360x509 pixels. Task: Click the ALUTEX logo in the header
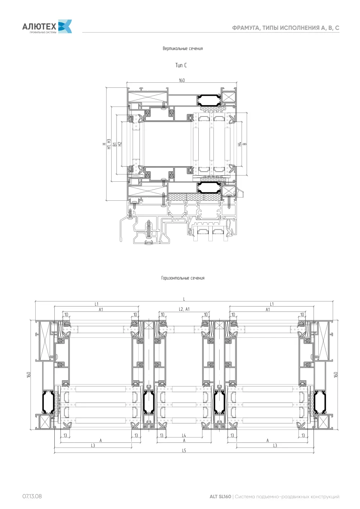click(47, 27)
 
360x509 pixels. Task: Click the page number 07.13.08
click(32, 496)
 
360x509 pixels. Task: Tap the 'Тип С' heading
click(181, 65)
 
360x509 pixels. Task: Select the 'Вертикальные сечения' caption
click(183, 49)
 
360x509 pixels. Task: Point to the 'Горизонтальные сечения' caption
click(183, 278)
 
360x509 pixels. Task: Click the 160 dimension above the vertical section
click(182, 80)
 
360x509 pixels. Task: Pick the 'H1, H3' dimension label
click(109, 144)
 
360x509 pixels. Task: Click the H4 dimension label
click(239, 144)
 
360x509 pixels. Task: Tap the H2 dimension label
click(120, 144)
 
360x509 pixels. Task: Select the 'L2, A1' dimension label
click(184, 309)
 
